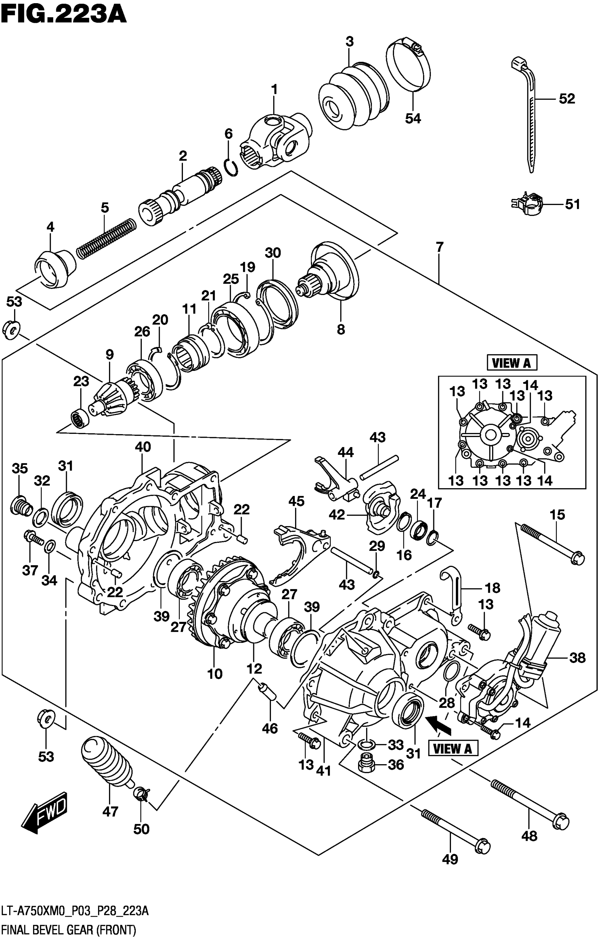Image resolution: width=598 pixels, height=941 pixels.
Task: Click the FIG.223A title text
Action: [x=63, y=17]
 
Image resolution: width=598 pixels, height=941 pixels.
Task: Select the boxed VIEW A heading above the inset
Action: [x=511, y=363]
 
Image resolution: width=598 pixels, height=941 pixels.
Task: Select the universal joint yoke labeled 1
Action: [x=278, y=141]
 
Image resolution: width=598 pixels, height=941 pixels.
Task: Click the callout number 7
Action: [x=440, y=247]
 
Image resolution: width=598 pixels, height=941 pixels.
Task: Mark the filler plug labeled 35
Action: [x=22, y=506]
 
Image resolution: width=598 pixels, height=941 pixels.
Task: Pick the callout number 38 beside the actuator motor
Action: [x=577, y=658]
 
